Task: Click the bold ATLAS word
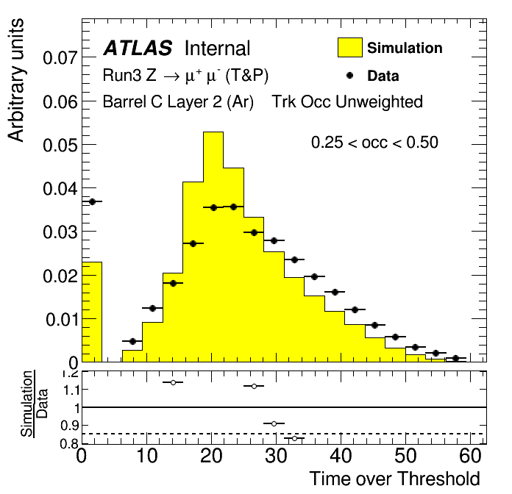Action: click(x=138, y=49)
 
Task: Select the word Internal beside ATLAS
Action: click(x=217, y=49)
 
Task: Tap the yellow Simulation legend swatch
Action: click(x=349, y=47)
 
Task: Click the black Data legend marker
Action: click(x=350, y=75)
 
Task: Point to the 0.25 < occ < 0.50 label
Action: click(x=374, y=143)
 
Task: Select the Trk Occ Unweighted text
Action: click(x=347, y=101)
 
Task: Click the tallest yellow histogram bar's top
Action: click(x=213, y=132)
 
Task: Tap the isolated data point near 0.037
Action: click(x=93, y=201)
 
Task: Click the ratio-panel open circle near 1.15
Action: click(x=173, y=382)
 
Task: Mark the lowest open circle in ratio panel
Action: click(x=294, y=439)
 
